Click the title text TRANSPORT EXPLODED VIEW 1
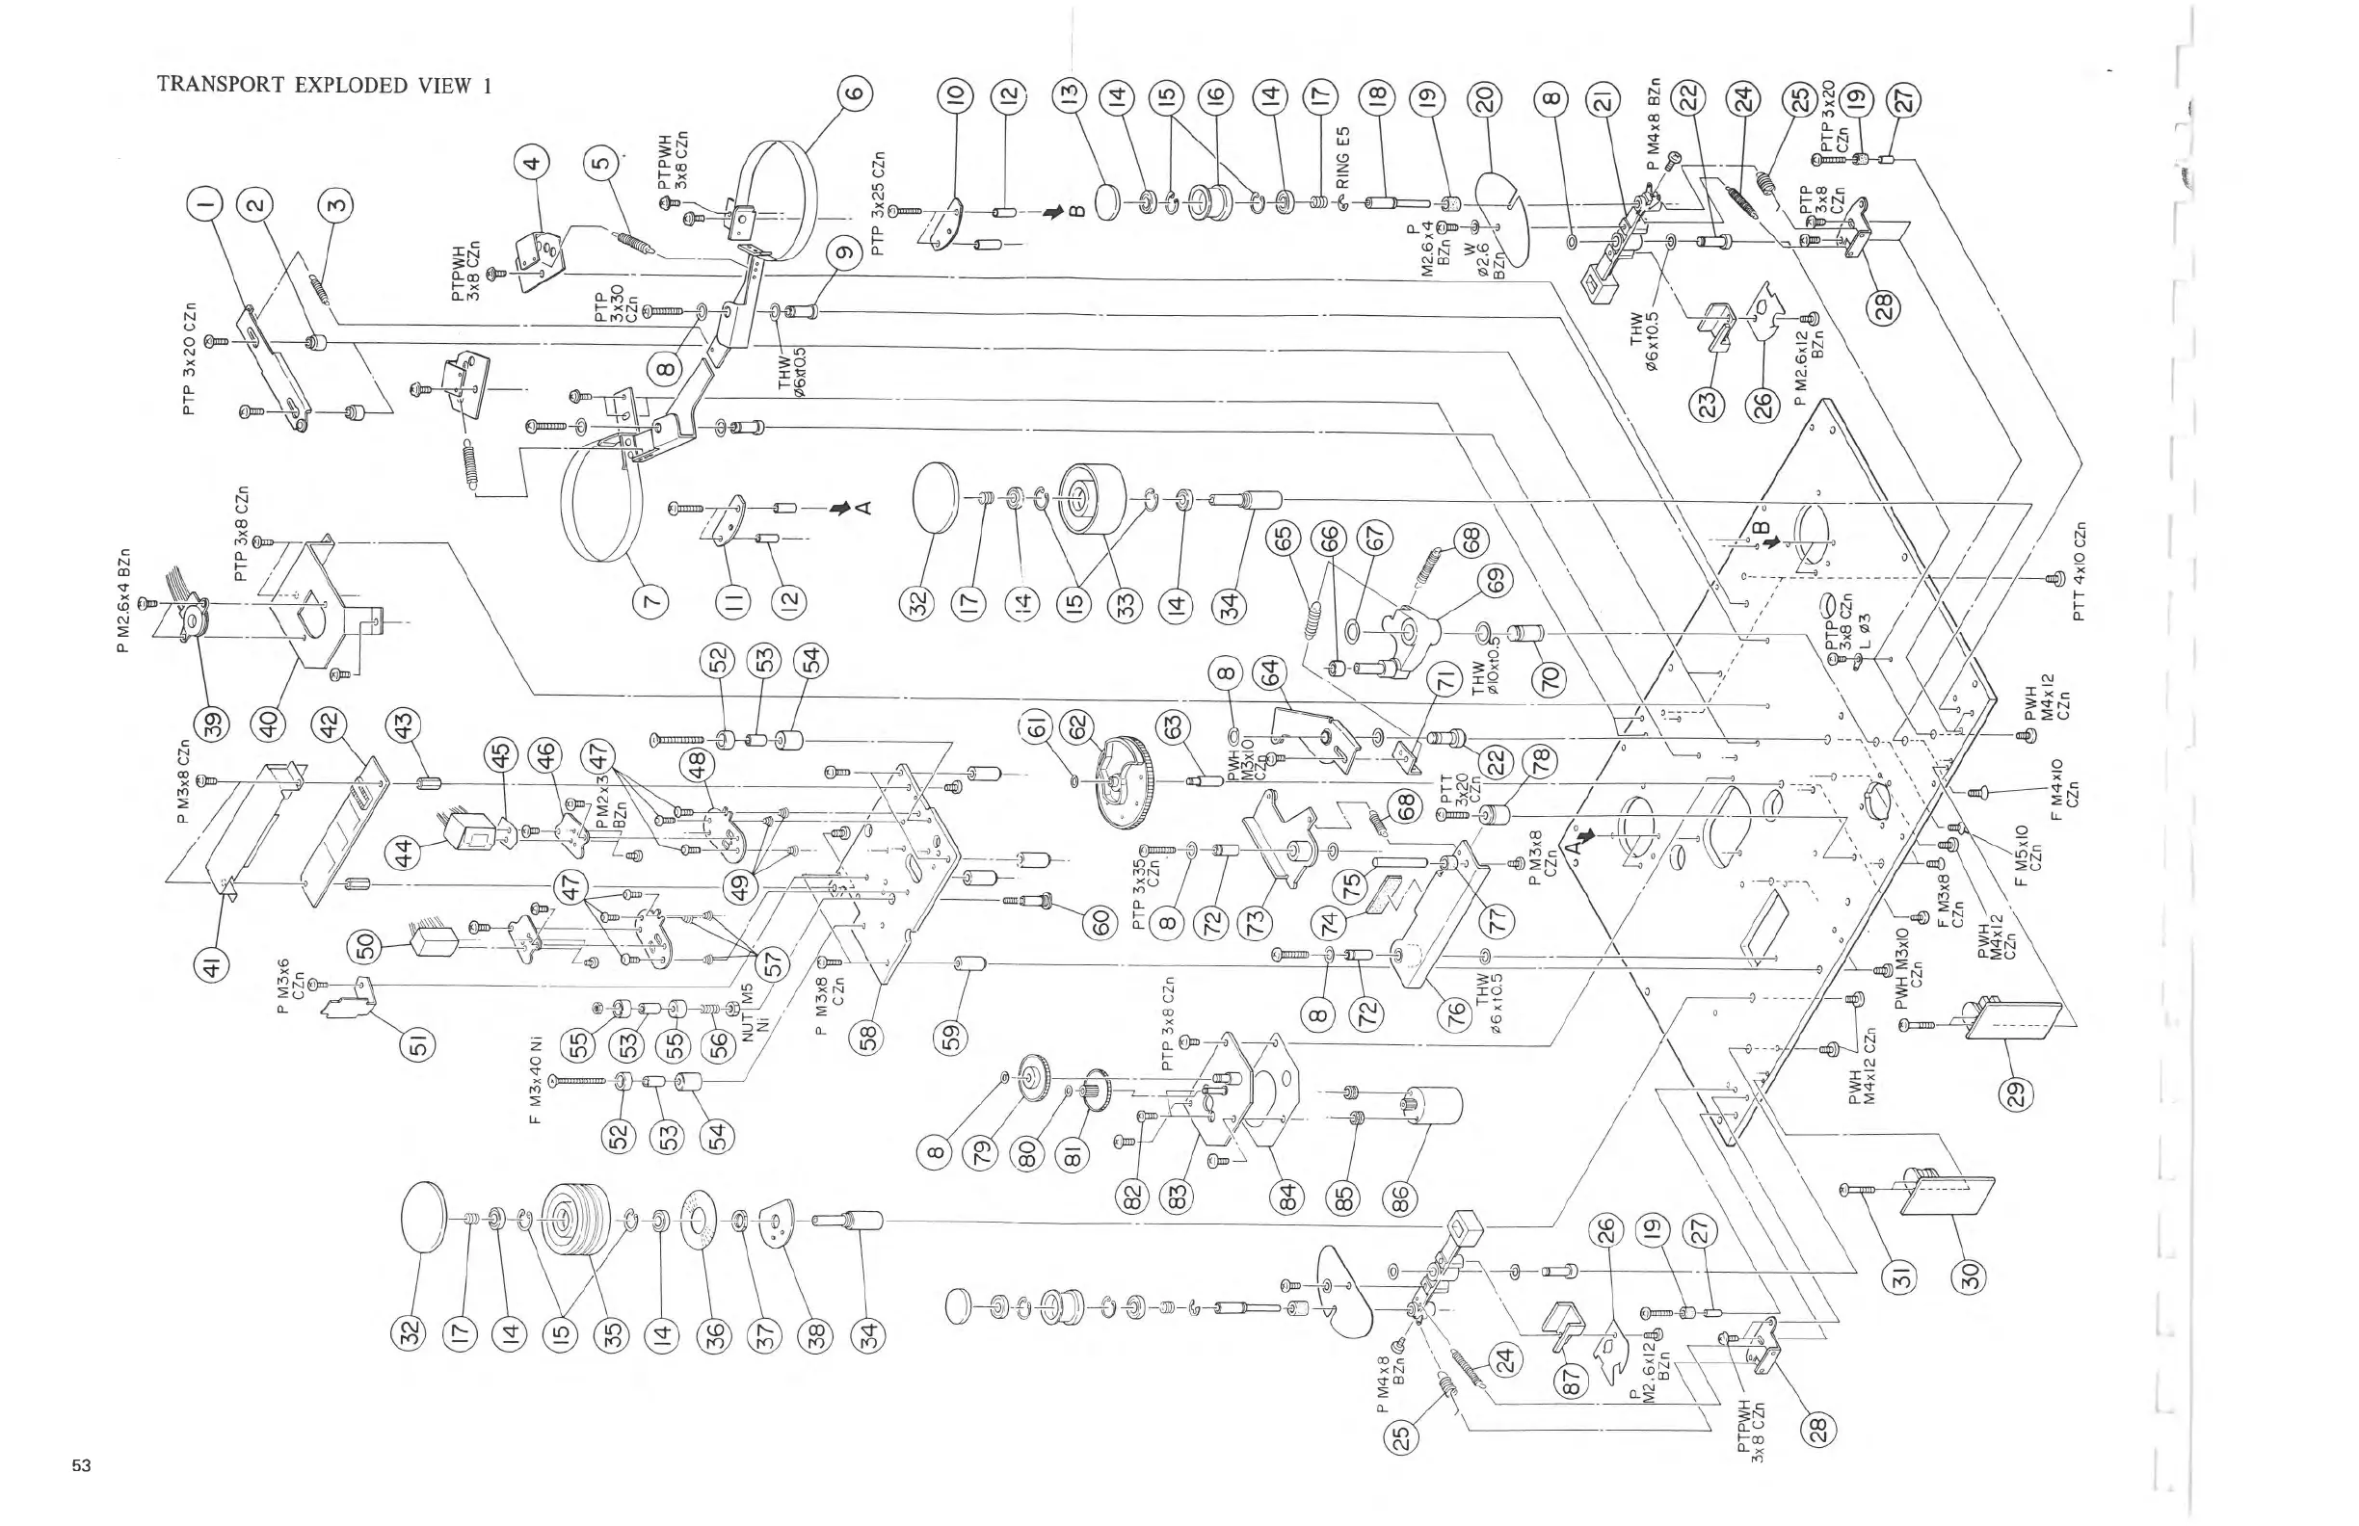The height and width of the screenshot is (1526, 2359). (324, 85)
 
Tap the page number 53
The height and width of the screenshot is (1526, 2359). (81, 1465)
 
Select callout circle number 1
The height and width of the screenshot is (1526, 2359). (205, 205)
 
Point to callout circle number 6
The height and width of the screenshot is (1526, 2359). (855, 95)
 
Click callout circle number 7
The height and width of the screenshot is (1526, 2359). (650, 600)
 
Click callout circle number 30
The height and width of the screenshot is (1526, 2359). (1972, 1276)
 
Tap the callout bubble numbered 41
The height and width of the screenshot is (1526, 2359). (212, 964)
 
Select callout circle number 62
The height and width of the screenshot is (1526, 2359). (1076, 726)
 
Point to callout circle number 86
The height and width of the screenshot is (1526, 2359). (1399, 1200)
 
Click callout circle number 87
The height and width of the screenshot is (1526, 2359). (1572, 1383)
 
